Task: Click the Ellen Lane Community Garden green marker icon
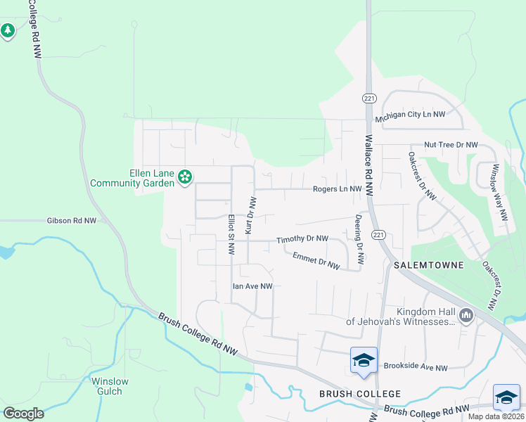point(186,178)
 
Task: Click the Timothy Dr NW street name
point(302,239)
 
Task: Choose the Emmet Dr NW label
point(316,261)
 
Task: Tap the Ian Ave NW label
point(252,286)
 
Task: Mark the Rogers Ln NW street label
point(337,189)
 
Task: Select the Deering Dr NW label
point(359,239)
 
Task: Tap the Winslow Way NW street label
point(499,193)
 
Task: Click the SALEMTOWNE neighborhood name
point(428,265)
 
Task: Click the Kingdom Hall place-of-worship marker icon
point(466,317)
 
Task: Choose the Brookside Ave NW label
point(416,367)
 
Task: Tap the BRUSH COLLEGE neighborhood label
point(360,394)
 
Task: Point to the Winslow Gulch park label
point(110,386)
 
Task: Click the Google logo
point(23,414)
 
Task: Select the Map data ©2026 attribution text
point(496,416)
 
